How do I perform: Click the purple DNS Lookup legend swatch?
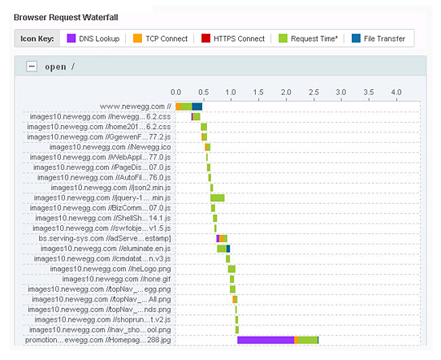[71, 38]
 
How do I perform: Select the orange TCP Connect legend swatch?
[138, 38]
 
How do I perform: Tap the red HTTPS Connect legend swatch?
[206, 38]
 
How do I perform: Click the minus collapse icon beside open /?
[32, 67]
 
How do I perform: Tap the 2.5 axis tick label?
[314, 93]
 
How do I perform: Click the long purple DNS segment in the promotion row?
[265, 340]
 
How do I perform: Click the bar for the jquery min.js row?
[217, 198]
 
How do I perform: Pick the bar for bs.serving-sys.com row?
[222, 238]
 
